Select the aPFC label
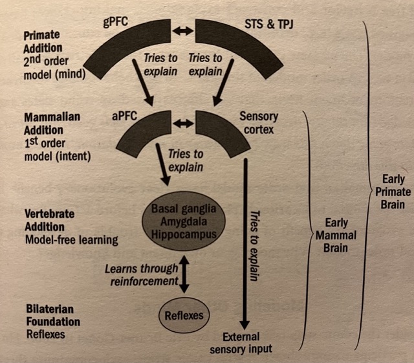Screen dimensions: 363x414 coord(123,117)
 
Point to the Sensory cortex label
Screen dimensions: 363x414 coord(259,124)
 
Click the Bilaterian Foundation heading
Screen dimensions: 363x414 coord(52,315)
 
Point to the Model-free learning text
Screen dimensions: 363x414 coord(71,240)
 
